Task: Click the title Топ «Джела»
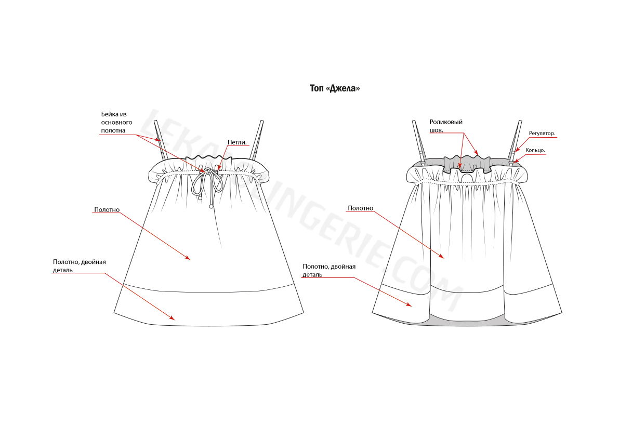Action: pos(335,88)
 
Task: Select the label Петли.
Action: pos(237,142)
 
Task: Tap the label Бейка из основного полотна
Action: pos(116,122)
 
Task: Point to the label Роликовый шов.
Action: pos(446,126)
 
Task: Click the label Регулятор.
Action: pos(542,134)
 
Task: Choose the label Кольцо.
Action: pos(535,150)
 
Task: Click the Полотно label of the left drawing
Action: pos(107,210)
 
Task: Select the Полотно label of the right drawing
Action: pos(360,208)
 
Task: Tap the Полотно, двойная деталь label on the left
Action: pos(80,266)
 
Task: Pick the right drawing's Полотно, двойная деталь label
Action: pos(329,270)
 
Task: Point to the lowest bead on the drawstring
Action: pos(211,206)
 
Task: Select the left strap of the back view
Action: pos(418,141)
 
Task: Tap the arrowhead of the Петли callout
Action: pos(218,168)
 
